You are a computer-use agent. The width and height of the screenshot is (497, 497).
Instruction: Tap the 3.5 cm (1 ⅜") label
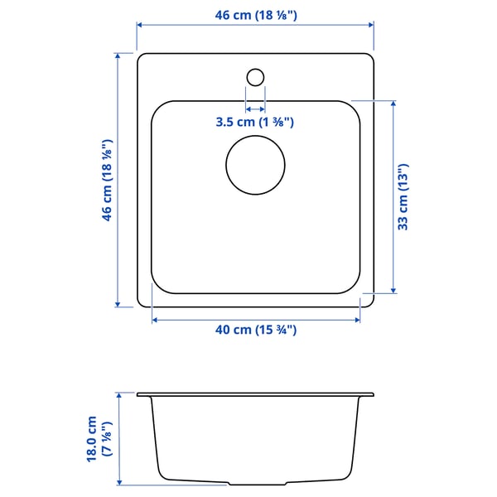click(x=255, y=123)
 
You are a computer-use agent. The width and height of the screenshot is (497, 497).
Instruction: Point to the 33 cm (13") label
click(x=404, y=196)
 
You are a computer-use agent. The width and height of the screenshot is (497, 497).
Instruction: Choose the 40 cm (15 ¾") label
click(x=255, y=330)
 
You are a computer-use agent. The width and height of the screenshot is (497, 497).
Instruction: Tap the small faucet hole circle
click(x=255, y=76)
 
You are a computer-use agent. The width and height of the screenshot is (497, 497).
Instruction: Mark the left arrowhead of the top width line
click(x=140, y=26)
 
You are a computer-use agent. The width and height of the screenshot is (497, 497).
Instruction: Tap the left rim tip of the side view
click(x=138, y=393)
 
